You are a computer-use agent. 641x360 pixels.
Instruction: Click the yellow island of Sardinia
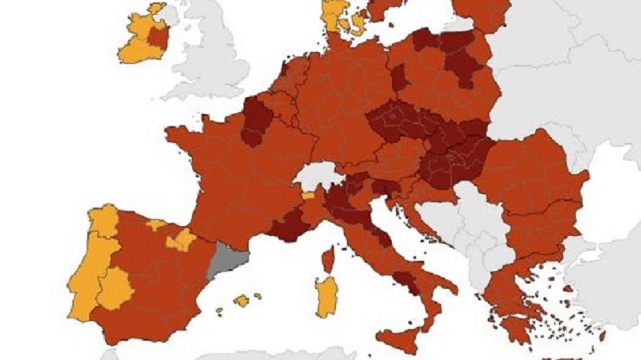click(x=326, y=297)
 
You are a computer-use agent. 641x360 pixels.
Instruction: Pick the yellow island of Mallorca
click(x=242, y=300)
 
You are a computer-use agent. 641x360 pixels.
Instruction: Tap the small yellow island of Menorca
click(x=258, y=296)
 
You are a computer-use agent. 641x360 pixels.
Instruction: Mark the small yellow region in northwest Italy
click(x=309, y=196)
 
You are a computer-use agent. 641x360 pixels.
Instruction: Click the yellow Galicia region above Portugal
click(x=103, y=220)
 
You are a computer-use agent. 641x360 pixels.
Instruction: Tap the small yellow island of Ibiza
click(x=219, y=311)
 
